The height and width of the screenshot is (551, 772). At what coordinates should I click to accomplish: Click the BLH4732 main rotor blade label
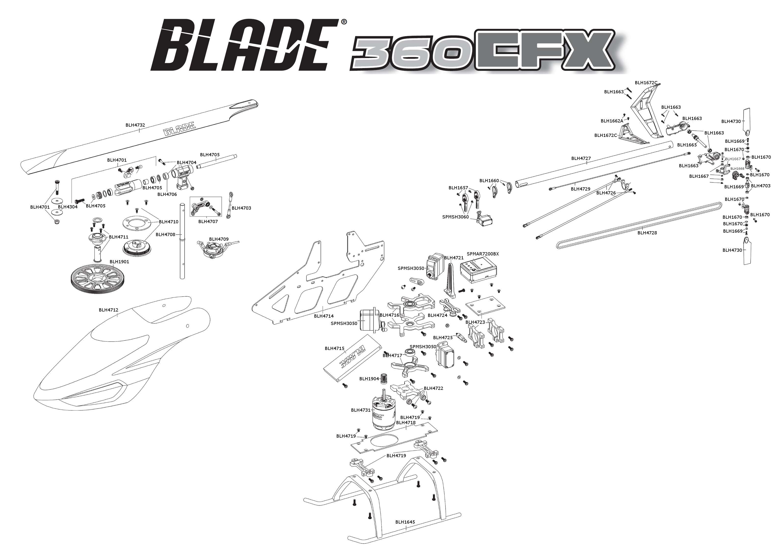[x=135, y=125]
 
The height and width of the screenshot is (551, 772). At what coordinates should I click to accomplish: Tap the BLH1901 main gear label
[x=119, y=262]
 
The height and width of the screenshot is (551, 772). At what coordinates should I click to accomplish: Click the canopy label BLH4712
[x=108, y=310]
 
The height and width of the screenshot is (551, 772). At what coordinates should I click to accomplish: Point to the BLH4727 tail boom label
[x=581, y=158]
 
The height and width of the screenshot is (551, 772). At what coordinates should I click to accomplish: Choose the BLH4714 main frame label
[x=324, y=316]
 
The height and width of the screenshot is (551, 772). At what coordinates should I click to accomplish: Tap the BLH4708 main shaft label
[x=165, y=234]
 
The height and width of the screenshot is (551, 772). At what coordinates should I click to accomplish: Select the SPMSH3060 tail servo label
[x=455, y=217]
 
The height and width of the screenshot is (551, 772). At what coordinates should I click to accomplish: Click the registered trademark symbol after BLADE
[x=344, y=22]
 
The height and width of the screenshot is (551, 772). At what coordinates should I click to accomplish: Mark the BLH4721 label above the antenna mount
[x=454, y=258]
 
